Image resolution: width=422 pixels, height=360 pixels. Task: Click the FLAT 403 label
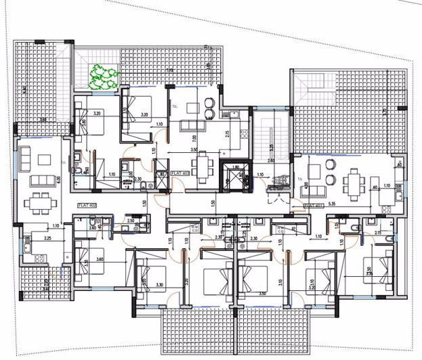coord(180,174)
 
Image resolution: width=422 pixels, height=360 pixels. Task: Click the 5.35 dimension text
coord(352,202)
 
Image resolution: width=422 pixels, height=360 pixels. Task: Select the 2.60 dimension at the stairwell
coord(271,162)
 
